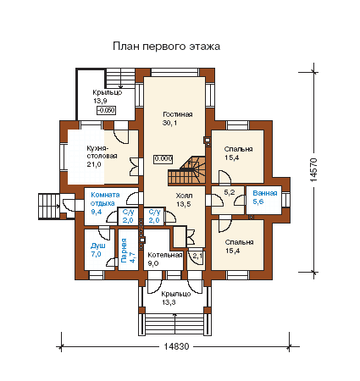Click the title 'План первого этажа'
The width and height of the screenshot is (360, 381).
click(166, 46)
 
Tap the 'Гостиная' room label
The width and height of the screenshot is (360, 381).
click(178, 114)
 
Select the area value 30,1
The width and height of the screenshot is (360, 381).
click(169, 123)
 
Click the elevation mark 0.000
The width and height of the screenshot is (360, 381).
click(163, 159)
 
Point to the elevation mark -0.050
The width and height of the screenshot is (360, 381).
click(107, 110)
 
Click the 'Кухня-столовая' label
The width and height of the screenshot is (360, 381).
click(102, 152)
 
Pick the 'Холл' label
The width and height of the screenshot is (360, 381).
click(184, 196)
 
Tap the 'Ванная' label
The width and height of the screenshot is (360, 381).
click(265, 193)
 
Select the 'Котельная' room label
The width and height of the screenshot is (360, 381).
click(165, 255)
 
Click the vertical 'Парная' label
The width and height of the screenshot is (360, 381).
click(124, 251)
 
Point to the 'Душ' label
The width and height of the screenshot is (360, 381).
click(97, 246)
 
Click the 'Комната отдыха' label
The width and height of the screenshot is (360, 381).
click(105, 199)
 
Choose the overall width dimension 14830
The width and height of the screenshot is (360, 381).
click(176, 346)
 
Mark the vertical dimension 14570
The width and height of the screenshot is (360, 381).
click(314, 170)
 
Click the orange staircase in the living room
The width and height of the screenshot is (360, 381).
click(187, 171)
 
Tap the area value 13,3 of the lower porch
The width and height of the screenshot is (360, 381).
click(169, 302)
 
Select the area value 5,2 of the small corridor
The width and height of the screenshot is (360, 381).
click(230, 192)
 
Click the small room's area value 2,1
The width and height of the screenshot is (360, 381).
click(197, 256)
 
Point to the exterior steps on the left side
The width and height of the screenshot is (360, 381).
click(49, 206)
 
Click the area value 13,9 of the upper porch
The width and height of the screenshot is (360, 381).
click(100, 101)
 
